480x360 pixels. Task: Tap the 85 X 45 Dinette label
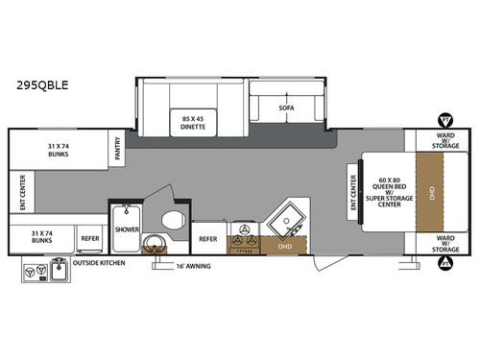coord(195,122)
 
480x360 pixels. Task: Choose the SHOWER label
coord(127,230)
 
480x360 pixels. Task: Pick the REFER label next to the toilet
coord(207,238)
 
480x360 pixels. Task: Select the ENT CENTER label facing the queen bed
coord(352,192)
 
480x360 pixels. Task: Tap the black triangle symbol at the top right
coord(445,120)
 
